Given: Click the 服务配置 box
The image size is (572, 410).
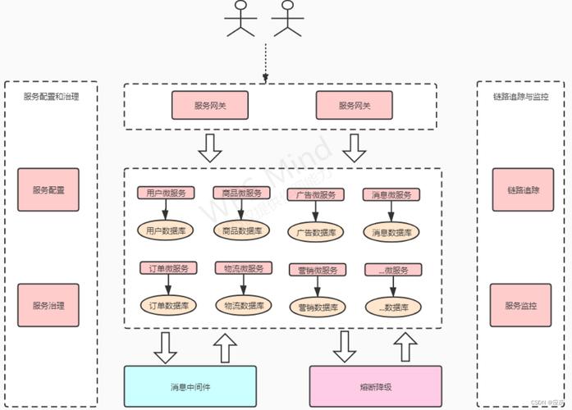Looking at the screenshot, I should coord(48,189).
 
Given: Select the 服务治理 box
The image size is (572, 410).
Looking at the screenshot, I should coord(48,305).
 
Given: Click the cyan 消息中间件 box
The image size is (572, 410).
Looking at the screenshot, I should coord(190,385).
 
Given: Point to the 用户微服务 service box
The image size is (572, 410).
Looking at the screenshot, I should coord(165,193).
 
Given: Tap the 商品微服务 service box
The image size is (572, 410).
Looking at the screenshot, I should coord(241,193).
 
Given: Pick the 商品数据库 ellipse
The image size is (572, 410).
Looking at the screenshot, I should coord(243,231).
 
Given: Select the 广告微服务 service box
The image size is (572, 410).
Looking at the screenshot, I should coord(316,194).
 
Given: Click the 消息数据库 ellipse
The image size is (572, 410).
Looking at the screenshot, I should coord(392,232).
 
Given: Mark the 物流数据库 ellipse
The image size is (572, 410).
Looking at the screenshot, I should coord(244,305).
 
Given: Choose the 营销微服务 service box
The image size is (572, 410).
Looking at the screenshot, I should coord(316,270).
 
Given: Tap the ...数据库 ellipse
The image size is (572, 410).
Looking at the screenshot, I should coord(392,307).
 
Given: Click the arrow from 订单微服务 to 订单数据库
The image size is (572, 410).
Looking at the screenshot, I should coord(167,284).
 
